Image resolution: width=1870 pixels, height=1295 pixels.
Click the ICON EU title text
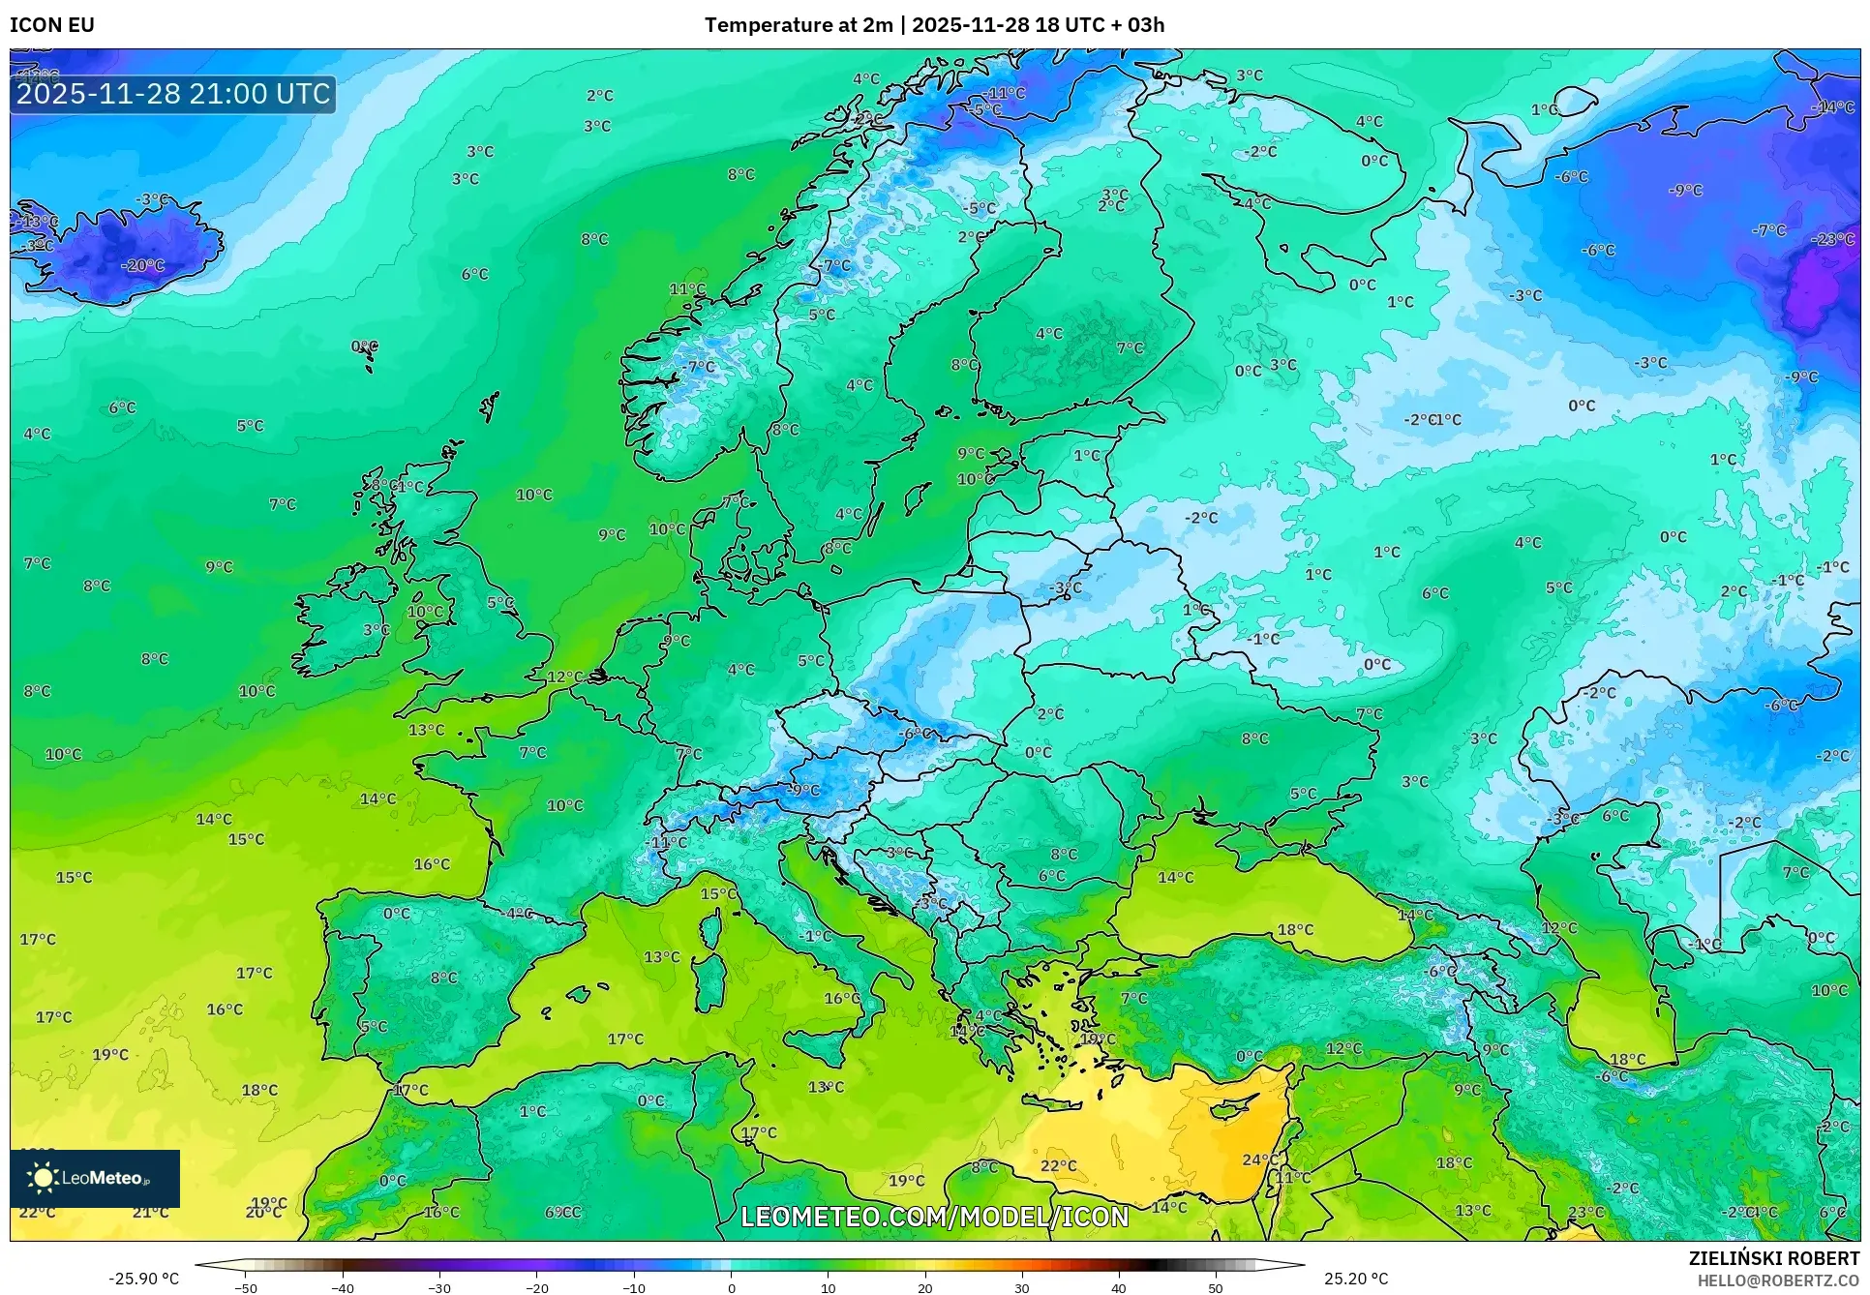click(x=52, y=25)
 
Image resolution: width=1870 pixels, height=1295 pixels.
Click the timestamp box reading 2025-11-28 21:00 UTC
click(x=173, y=94)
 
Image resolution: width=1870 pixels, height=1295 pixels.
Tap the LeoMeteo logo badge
click(x=95, y=1178)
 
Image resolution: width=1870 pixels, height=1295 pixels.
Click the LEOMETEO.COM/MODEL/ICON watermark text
click(x=934, y=1217)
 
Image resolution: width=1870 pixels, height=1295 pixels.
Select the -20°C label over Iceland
click(x=142, y=265)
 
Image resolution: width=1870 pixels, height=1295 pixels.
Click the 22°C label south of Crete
click(x=1058, y=1165)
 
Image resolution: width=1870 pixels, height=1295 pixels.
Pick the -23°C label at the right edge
click(x=1832, y=239)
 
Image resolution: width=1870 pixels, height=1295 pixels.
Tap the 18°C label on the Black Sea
click(x=1295, y=929)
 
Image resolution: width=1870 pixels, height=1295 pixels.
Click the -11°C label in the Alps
click(x=667, y=842)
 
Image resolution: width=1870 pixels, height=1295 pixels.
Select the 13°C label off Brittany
click(x=426, y=730)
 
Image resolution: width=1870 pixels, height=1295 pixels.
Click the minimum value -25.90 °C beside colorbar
click(x=143, y=1279)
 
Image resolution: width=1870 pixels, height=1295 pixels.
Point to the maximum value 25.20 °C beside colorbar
click(x=1356, y=1279)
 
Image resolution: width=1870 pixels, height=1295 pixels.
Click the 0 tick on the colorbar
click(x=731, y=1288)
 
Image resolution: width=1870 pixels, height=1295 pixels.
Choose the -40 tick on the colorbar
click(x=343, y=1288)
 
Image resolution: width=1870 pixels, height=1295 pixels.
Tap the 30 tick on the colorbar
click(x=1022, y=1288)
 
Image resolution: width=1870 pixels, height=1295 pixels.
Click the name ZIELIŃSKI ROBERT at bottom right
click(x=1773, y=1258)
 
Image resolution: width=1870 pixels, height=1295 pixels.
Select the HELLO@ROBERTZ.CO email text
click(x=1777, y=1280)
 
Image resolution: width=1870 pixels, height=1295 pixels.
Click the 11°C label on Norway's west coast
click(x=687, y=288)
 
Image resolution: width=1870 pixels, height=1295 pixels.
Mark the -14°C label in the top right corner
click(x=1832, y=107)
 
